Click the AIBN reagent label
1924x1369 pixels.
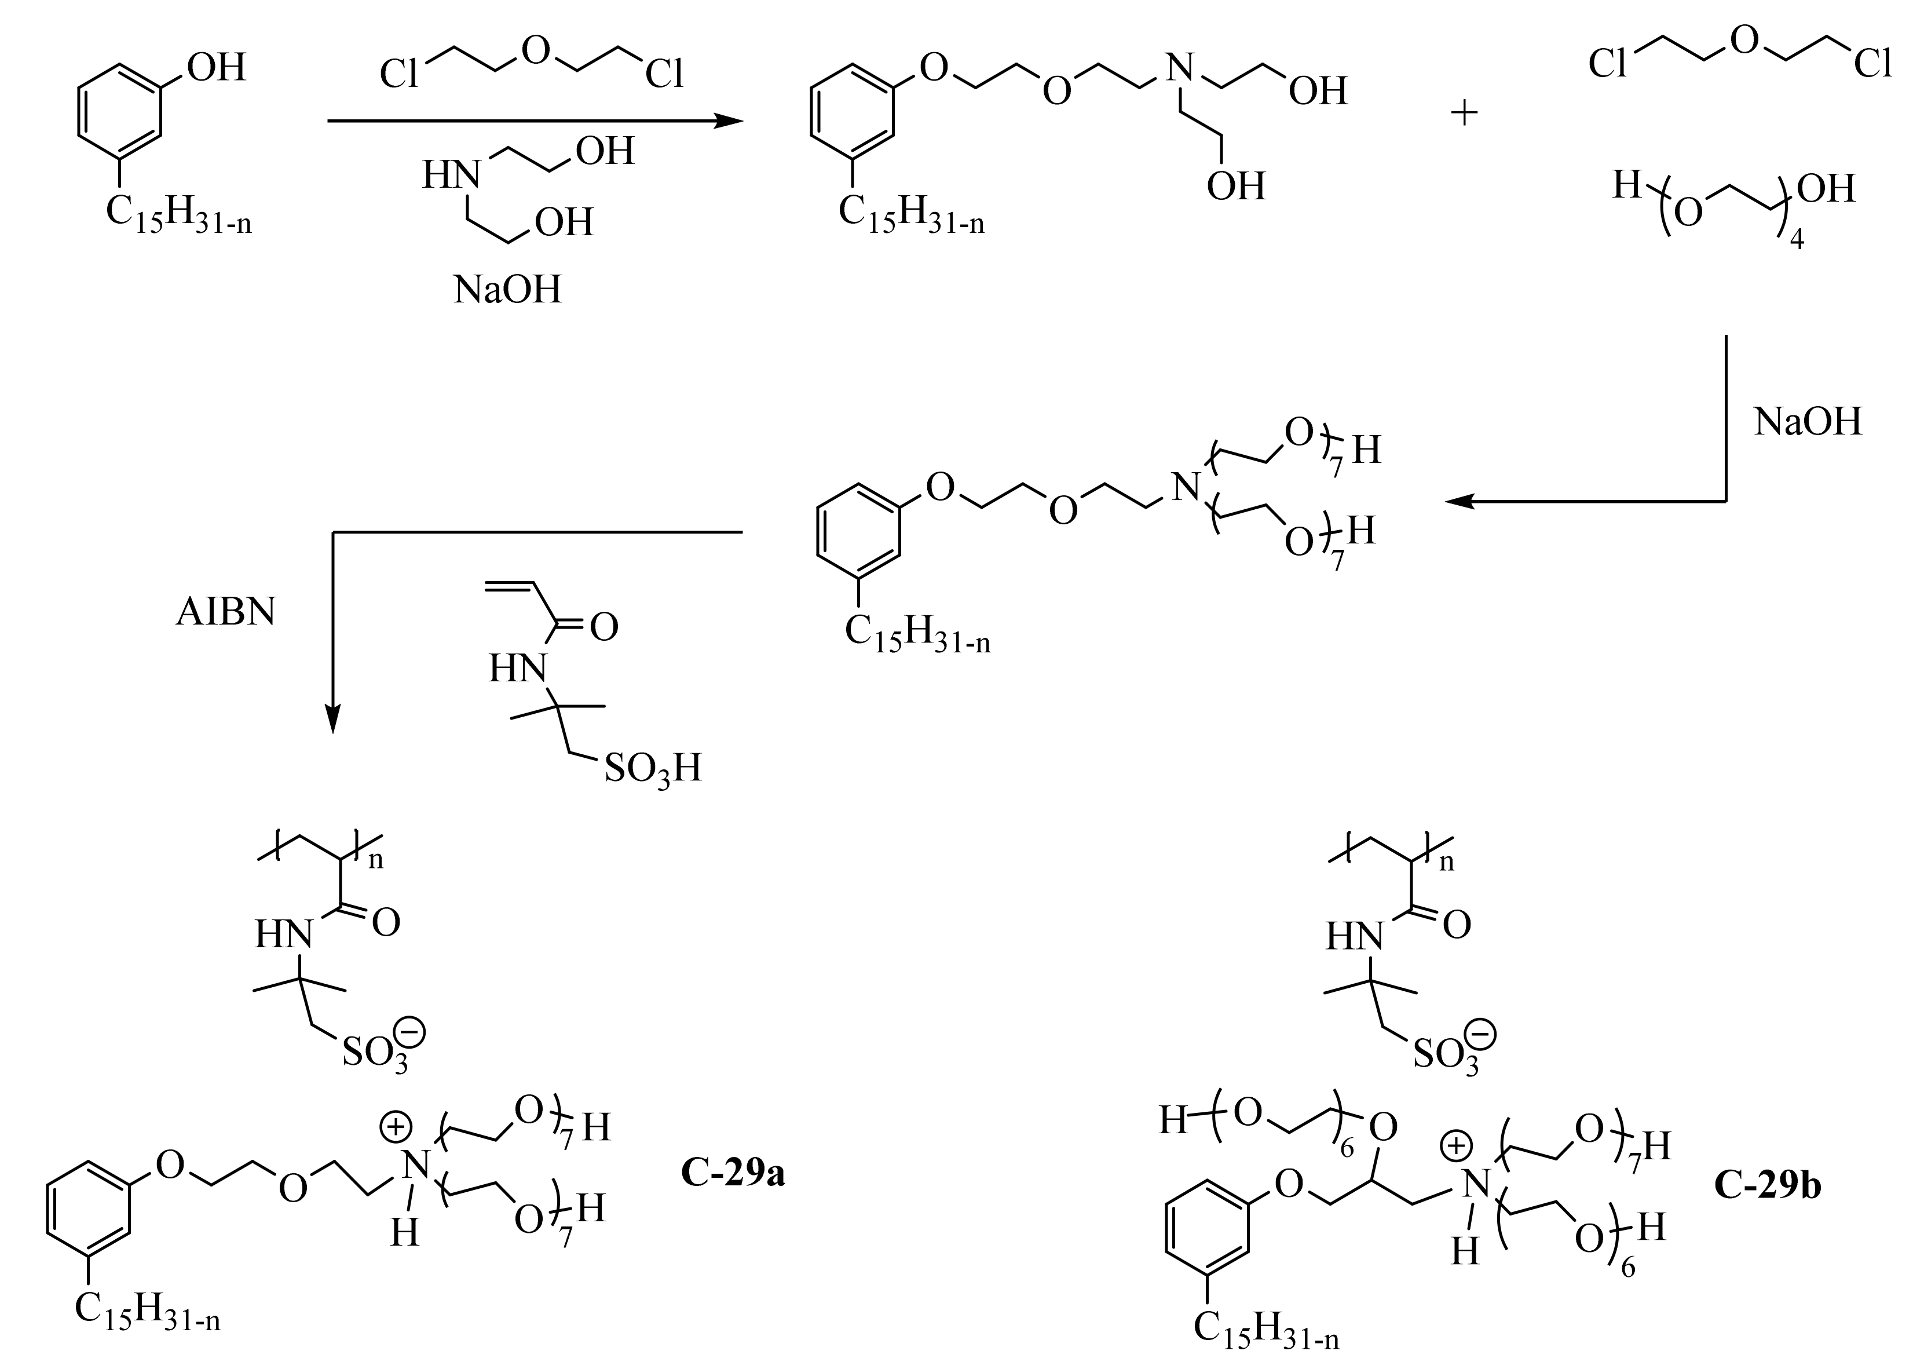point(226,613)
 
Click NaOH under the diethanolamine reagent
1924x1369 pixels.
point(507,290)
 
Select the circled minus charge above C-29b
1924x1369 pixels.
point(1483,1031)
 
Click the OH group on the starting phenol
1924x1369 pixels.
point(217,67)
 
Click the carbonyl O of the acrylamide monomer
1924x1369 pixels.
point(604,627)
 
